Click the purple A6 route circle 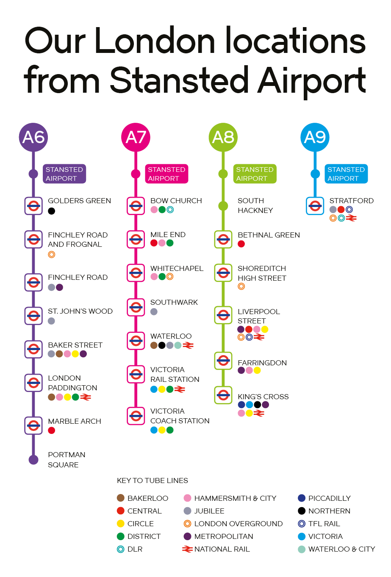coord(33,137)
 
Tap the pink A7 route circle coord(136,137)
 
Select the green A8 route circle coord(223,137)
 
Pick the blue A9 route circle coord(315,137)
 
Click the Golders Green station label coord(79,201)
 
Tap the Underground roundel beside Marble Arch coord(33,425)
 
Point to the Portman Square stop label coord(67,460)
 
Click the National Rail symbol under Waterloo coord(188,345)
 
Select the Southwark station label coord(174,302)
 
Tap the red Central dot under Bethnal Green coord(241,244)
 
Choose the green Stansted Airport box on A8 coord(255,174)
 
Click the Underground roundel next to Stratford coord(315,206)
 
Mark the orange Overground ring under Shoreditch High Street coord(241,286)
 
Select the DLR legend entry coord(130,549)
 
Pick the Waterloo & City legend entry coord(337,549)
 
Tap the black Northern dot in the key coord(302,511)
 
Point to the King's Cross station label coord(263,397)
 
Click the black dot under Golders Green coord(52,211)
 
